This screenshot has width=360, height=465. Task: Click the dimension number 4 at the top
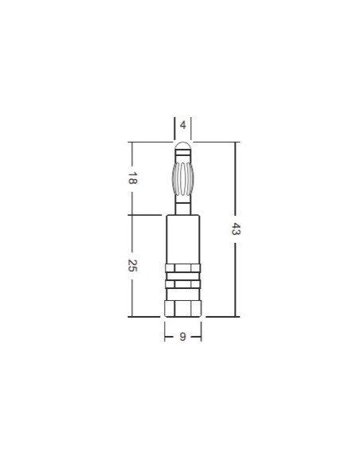point(183,125)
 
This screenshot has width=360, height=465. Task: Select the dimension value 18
point(132,179)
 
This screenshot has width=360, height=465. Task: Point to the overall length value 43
point(235,229)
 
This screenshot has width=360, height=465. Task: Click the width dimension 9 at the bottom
point(183,337)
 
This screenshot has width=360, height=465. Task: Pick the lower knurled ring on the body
point(183,284)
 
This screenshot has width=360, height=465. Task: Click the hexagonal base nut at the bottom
point(183,307)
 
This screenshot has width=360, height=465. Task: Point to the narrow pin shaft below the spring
point(183,205)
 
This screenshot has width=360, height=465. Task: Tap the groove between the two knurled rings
point(183,276)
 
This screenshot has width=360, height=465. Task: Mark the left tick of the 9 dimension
point(165,337)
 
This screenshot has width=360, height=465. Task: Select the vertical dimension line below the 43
point(235,279)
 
